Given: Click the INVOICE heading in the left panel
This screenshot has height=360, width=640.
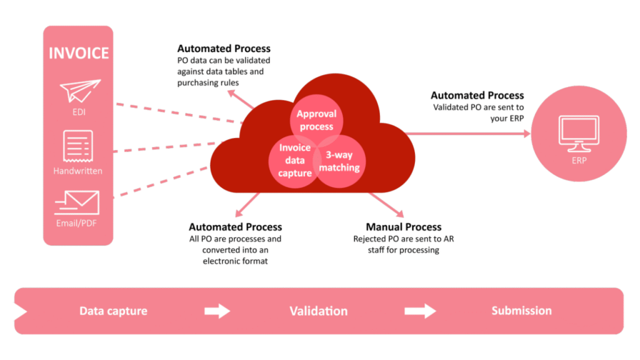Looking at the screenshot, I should [78, 52].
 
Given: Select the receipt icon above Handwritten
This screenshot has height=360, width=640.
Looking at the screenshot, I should [78, 146].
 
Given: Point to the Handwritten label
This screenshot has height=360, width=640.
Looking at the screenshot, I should [78, 171].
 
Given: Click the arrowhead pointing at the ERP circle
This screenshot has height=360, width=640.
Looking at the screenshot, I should [526, 133].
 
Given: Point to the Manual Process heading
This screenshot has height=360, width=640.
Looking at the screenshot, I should [403, 227].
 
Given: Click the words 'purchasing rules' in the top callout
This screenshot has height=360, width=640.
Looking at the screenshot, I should [208, 83].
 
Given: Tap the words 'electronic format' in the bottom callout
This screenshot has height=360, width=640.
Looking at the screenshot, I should [234, 261].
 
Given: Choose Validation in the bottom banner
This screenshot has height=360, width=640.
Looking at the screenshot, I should [318, 311].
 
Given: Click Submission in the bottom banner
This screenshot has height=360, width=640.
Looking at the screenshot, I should [521, 311].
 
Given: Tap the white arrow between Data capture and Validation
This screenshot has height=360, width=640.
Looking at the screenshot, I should [217, 311].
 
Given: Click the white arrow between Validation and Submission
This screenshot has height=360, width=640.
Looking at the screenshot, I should [420, 311].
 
